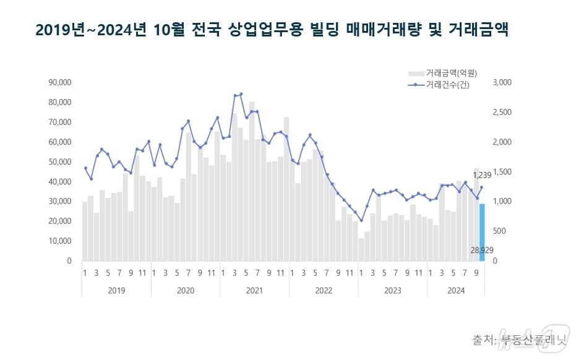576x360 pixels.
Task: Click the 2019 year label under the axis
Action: [116, 290]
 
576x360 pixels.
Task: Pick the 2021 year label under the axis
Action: [255, 290]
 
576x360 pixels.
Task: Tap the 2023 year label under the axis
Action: [393, 290]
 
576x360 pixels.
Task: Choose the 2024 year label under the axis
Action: [457, 290]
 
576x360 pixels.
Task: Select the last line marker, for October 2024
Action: [482, 187]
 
